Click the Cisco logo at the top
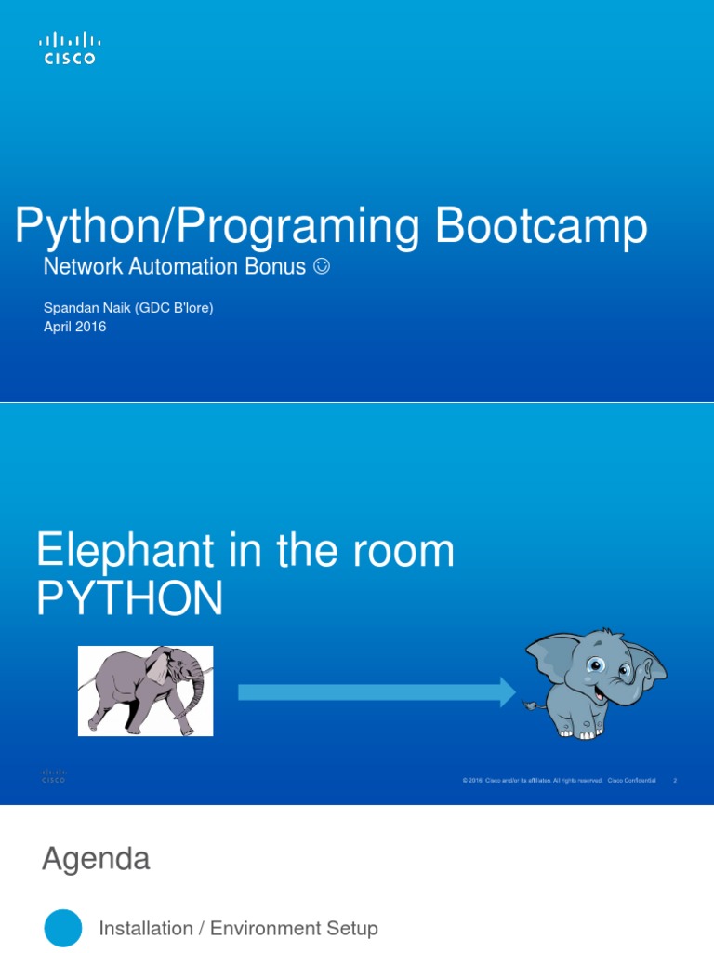70,48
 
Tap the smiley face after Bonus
321,267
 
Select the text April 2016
75,327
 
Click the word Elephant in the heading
128,552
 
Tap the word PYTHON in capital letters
129,599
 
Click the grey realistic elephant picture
145,691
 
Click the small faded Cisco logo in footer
53,776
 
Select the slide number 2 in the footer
674,781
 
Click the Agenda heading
96,859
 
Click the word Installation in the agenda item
145,928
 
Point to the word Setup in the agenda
352,928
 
